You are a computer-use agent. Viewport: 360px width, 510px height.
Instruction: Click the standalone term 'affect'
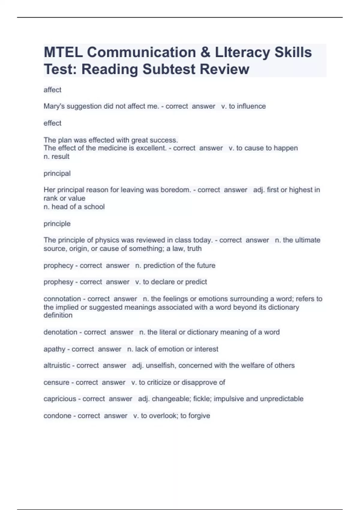point(52,90)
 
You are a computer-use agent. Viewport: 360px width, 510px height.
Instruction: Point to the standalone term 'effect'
point(52,123)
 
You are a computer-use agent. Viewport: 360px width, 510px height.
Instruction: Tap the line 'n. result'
point(56,156)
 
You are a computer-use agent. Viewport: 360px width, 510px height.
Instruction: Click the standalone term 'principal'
point(57,173)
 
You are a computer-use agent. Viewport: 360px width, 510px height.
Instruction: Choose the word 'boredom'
point(175,190)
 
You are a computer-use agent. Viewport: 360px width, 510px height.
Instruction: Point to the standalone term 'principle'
point(57,223)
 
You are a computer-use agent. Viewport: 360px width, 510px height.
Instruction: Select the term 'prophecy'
point(58,265)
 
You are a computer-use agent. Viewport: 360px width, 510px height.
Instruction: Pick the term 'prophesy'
point(58,282)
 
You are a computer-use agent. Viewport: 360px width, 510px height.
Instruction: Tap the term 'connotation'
point(62,299)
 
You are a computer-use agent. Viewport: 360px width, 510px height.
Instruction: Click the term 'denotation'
point(60,332)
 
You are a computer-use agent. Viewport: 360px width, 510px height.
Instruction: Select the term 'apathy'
point(54,349)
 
